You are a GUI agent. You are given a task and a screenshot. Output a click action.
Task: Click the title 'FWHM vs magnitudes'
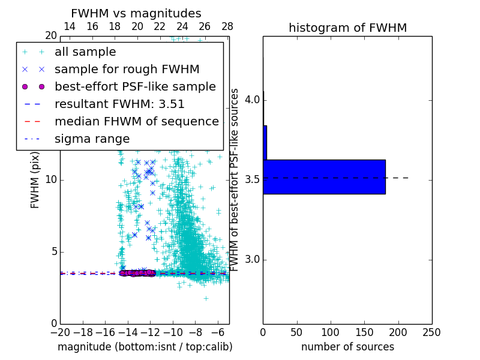[x=136, y=14]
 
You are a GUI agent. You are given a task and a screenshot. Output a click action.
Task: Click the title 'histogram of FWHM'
[x=347, y=28]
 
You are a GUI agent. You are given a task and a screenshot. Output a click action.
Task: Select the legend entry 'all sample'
[x=85, y=52]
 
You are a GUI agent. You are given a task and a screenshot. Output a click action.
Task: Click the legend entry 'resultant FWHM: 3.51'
[x=119, y=104]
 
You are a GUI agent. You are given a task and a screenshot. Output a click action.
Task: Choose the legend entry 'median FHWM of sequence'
[x=136, y=122]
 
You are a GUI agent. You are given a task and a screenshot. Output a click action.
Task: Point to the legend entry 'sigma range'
[x=92, y=139]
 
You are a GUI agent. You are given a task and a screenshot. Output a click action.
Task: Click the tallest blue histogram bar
[x=324, y=177]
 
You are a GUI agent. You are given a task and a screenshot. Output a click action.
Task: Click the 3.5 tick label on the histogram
[x=252, y=179]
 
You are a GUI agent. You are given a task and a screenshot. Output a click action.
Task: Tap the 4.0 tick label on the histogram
[x=252, y=100]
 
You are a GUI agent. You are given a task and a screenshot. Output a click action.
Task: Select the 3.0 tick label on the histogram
[x=252, y=260]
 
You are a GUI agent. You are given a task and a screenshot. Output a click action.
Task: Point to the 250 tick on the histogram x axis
[x=431, y=332]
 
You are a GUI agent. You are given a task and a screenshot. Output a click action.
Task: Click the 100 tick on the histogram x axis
[x=331, y=332]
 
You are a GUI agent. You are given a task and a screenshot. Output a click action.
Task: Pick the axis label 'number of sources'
[x=347, y=347]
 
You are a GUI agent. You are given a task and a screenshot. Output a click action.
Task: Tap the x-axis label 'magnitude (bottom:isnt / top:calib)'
[x=145, y=347]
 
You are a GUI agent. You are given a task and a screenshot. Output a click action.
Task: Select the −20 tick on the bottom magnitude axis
[x=60, y=332]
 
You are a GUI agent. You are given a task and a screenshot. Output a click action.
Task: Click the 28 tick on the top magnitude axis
[x=227, y=26]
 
